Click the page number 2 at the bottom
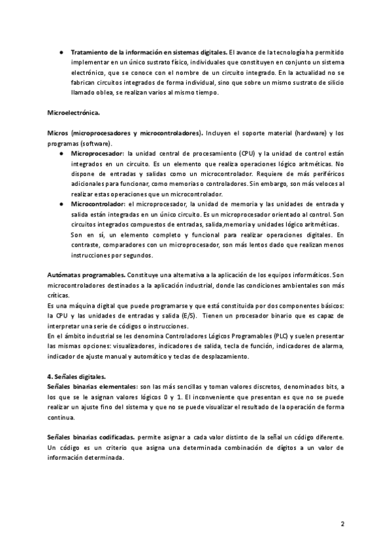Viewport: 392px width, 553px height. point(342,524)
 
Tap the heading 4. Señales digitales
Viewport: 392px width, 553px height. point(78,376)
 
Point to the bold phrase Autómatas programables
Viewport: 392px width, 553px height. point(87,275)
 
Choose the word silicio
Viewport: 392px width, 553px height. point(331,83)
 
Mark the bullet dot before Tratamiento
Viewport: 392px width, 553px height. point(61,52)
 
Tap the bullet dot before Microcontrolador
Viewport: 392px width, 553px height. point(61,204)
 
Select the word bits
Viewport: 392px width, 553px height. point(318,387)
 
